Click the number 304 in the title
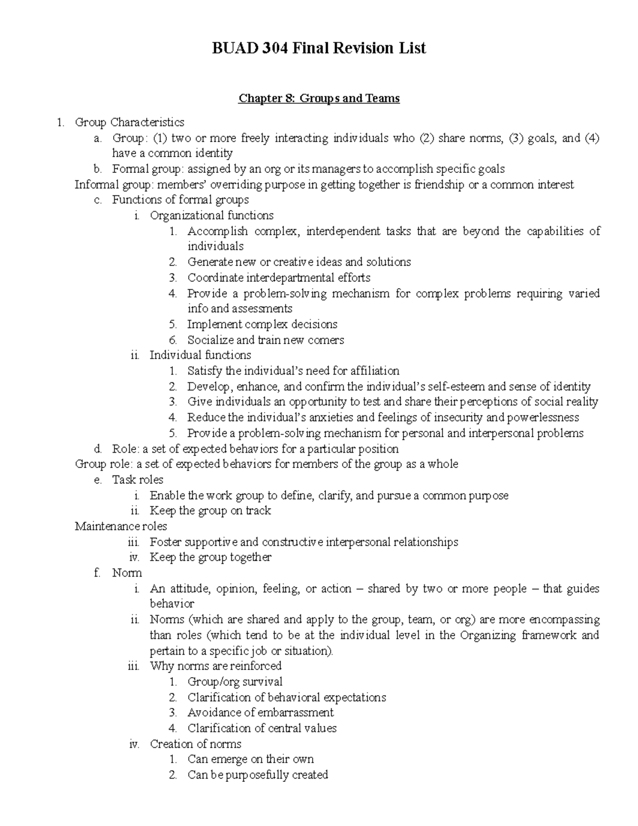coord(276,48)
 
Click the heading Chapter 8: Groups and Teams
coord(319,98)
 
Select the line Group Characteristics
coord(129,122)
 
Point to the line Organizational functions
coord(212,215)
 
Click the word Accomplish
coord(217,231)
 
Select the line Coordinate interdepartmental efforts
coord(279,278)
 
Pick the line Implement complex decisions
coord(262,324)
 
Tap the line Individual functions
coord(200,355)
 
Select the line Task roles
coord(138,480)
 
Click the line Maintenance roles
coord(121,527)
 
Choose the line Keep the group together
coord(211,557)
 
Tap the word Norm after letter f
coord(127,573)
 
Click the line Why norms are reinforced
coord(216,666)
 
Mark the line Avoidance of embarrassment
coord(261,713)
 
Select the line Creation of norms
coord(196,744)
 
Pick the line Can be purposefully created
coord(258,775)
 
